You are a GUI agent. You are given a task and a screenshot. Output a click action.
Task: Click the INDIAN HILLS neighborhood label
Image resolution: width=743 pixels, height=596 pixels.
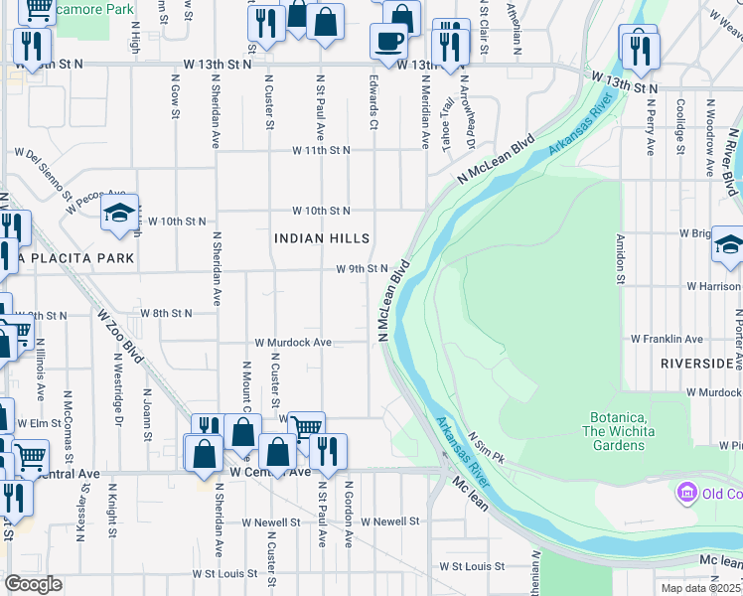[x=322, y=238]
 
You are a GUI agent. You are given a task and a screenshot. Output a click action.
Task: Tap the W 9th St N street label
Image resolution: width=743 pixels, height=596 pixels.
[x=362, y=268]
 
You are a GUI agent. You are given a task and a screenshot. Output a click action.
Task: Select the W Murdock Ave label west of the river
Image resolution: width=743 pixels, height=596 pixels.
[x=293, y=343]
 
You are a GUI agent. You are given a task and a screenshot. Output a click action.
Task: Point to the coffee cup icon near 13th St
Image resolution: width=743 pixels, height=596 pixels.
[x=388, y=41]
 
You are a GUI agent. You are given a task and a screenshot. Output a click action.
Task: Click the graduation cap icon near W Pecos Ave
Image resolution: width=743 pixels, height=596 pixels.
[x=119, y=214]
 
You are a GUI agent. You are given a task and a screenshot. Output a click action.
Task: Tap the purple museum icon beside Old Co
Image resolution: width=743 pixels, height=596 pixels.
[x=685, y=492]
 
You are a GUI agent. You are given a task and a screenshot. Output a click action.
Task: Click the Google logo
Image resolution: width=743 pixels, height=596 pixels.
[x=33, y=584]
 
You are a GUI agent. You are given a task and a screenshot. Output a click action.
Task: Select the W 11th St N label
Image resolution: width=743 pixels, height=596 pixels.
[x=321, y=151]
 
